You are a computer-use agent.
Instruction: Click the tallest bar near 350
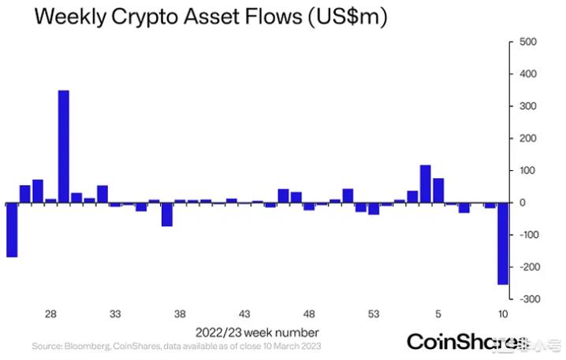pyautogui.click(x=64, y=147)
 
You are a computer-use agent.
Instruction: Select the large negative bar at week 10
pyautogui.click(x=502, y=243)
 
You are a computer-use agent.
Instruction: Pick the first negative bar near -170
pyautogui.click(x=12, y=230)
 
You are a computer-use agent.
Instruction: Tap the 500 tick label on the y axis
pyautogui.click(x=527, y=42)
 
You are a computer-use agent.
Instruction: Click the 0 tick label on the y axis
pyautogui.click(x=521, y=203)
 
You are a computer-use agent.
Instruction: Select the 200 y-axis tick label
pyautogui.click(x=527, y=139)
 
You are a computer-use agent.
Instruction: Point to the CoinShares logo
pyautogui.click(x=465, y=342)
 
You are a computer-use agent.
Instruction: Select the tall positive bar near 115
pyautogui.click(x=425, y=184)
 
